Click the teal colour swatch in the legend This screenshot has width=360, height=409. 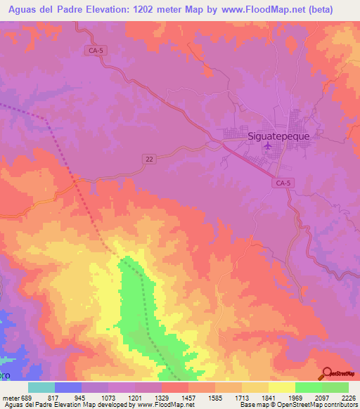[41, 387]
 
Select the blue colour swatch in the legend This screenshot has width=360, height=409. [68, 387]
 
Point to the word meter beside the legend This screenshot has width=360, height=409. [10, 397]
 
